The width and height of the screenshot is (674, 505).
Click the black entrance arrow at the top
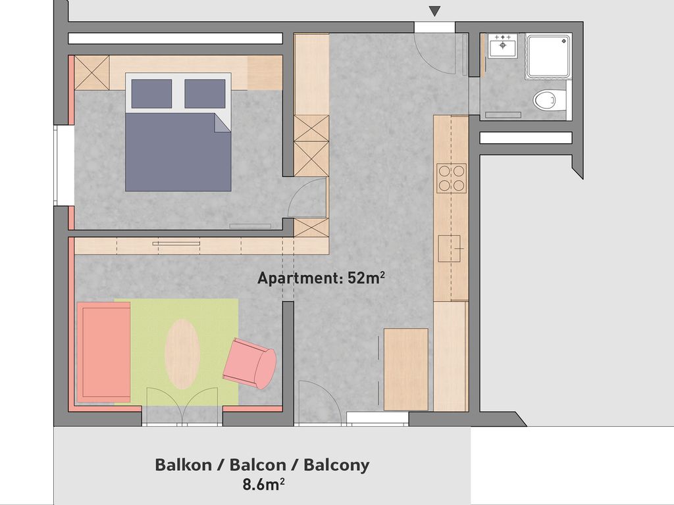coord(434,11)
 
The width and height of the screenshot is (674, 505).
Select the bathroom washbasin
coord(503,45)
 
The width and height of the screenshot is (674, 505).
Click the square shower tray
coord(548,57)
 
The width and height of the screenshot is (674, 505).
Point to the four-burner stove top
coord(452,178)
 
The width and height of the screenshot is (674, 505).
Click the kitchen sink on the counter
coord(449,249)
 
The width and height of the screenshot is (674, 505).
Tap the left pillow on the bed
coord(152,93)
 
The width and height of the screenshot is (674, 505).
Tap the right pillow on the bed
coord(205,93)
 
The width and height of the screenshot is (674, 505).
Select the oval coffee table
coord(182,354)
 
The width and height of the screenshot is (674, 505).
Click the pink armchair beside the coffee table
coord(249,363)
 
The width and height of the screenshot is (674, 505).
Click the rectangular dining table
coord(405,370)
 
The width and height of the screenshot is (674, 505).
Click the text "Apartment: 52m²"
coord(321,278)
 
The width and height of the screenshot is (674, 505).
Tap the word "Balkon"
coord(183,465)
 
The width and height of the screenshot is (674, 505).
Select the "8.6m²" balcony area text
coord(263,485)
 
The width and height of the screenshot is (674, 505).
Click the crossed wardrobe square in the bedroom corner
coord(92,72)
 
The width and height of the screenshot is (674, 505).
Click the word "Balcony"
coord(336,466)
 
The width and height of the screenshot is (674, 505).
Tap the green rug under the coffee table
coord(176,352)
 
